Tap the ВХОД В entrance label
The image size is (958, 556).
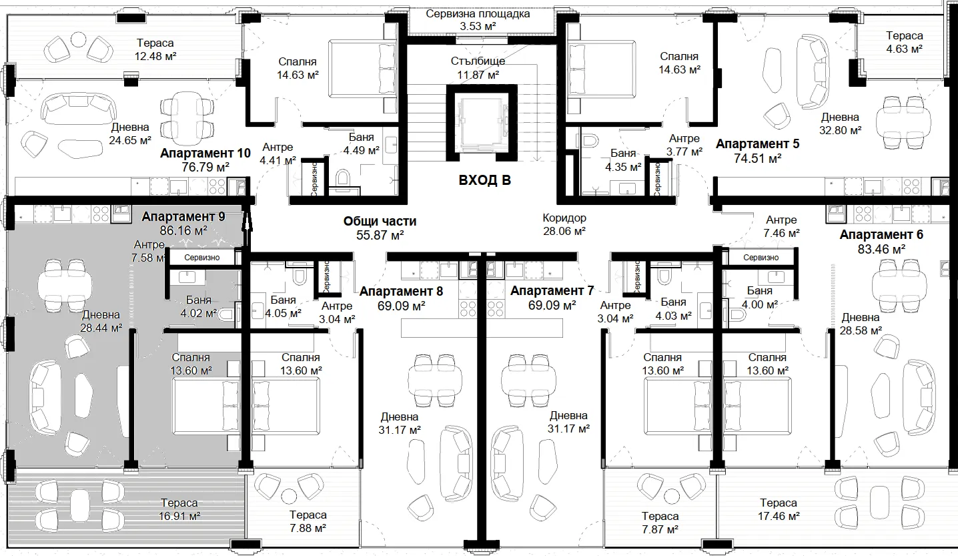[x=484, y=180]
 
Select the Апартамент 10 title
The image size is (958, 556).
[x=205, y=154]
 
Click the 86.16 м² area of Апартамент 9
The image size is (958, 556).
[x=183, y=231]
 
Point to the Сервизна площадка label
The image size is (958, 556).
[x=478, y=14]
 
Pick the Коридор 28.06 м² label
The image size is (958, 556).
[x=564, y=224]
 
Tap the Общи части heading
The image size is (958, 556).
[x=380, y=222]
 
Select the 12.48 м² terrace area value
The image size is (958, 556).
[x=155, y=56]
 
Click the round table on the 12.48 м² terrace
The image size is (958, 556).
[x=79, y=41]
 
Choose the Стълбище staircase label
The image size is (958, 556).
[x=478, y=61]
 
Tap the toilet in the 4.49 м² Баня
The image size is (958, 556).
[x=342, y=178]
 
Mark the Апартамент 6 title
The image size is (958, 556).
[x=881, y=234]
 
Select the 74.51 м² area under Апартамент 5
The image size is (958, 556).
[x=757, y=158]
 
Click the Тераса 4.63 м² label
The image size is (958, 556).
[x=904, y=42]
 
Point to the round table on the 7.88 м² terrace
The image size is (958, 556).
[x=289, y=497]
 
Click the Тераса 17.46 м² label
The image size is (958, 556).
[x=779, y=509]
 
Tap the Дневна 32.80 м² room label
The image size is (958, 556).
[x=840, y=123]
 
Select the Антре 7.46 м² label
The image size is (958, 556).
[x=781, y=226]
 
